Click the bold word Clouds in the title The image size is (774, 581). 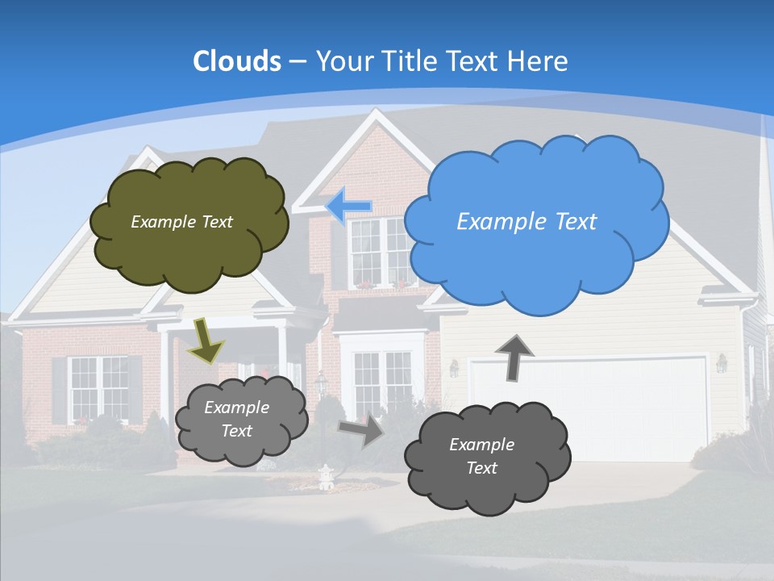pyautogui.click(x=236, y=61)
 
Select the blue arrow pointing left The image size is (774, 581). pyautogui.click(x=349, y=207)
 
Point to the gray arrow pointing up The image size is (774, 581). pyautogui.click(x=514, y=357)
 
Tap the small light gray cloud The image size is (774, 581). pyautogui.click(x=240, y=420)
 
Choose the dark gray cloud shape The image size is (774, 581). pyautogui.click(x=487, y=457)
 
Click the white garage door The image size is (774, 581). pyautogui.click(x=589, y=408)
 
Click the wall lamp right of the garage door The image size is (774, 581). pyautogui.click(x=722, y=364)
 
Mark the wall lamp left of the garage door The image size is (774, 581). pyautogui.click(x=454, y=369)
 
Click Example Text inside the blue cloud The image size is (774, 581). pyautogui.click(x=526, y=222)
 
